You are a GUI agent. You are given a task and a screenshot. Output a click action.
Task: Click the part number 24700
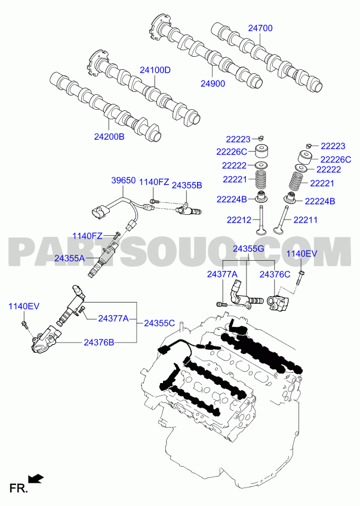(x=260, y=28)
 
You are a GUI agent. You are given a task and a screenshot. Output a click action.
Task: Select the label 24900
(x=213, y=84)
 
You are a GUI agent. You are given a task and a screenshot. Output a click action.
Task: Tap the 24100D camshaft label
(x=155, y=70)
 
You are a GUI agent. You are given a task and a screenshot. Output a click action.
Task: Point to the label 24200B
(x=109, y=137)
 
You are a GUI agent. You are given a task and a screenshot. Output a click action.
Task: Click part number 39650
(x=124, y=180)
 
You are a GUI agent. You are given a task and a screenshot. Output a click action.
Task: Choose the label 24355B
(x=187, y=185)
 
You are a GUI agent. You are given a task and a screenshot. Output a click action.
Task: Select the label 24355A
(x=69, y=258)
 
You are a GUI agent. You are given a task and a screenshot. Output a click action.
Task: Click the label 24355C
(x=159, y=323)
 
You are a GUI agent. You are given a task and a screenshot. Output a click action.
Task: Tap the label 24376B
(x=99, y=343)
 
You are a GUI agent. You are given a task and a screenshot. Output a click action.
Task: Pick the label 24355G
(x=248, y=249)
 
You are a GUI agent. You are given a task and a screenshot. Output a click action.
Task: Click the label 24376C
(x=275, y=274)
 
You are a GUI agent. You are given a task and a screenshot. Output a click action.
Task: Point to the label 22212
(x=239, y=220)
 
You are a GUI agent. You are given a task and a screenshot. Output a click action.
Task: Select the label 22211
(x=306, y=220)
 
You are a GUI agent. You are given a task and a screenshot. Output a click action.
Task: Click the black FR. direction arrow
(x=36, y=479)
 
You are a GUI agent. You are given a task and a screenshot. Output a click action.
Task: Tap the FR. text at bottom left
(x=19, y=489)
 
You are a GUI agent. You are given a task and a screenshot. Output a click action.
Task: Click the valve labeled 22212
(x=260, y=222)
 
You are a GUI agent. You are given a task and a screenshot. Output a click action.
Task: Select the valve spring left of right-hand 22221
(x=297, y=181)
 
